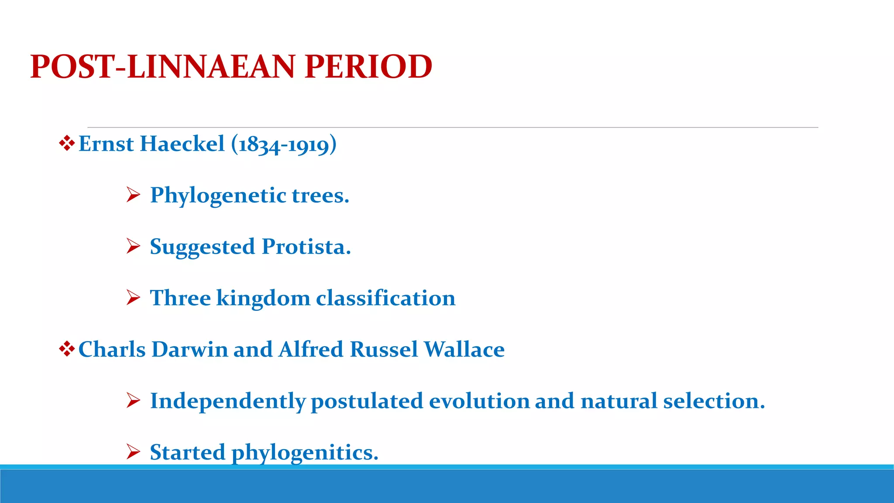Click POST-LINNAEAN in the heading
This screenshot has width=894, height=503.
[x=163, y=67]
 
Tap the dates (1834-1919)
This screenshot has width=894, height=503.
[x=284, y=145]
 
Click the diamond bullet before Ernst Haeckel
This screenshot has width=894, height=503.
[x=66, y=144]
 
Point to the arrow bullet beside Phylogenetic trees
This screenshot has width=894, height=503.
[x=133, y=195]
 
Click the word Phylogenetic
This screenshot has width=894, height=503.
[x=218, y=196]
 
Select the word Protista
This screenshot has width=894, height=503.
[x=306, y=247]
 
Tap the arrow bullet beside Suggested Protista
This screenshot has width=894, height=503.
[x=133, y=246]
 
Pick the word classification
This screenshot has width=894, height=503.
[x=385, y=298]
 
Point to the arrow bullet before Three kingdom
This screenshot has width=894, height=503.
[x=133, y=298]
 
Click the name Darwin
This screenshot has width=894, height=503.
[x=189, y=350]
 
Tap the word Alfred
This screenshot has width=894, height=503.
[x=311, y=350]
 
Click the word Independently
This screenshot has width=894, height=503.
[x=227, y=401]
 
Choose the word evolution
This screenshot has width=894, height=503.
[x=479, y=401]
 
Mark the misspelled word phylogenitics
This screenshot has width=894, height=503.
[x=305, y=453]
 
